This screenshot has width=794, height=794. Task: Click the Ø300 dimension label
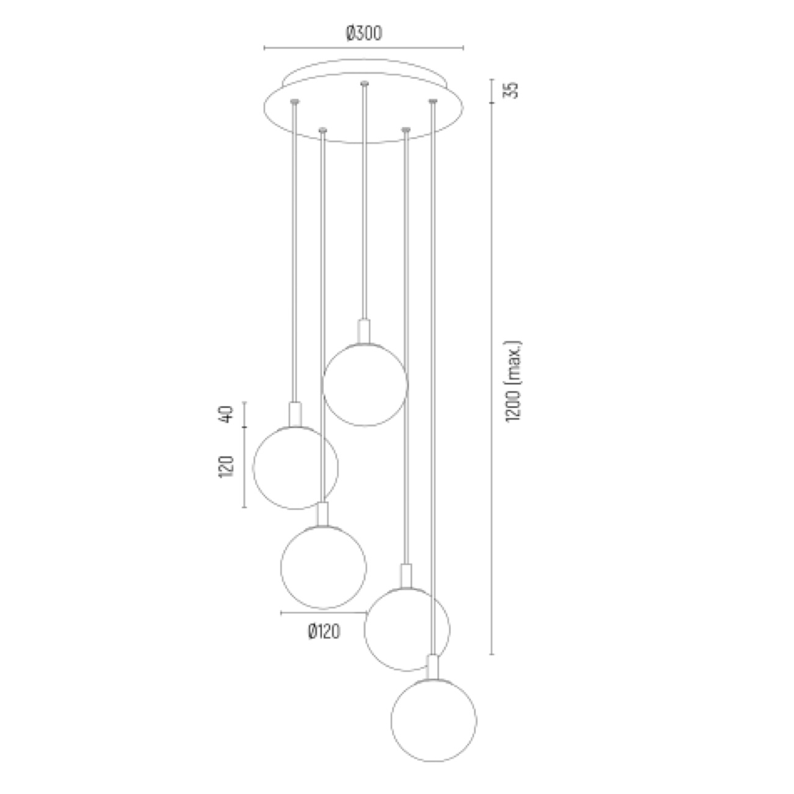click(364, 34)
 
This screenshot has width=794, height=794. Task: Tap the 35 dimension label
click(511, 90)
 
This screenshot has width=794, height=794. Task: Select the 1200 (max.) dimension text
click(513, 381)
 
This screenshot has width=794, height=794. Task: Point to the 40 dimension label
click(226, 414)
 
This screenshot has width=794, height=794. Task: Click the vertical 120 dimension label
click(226, 467)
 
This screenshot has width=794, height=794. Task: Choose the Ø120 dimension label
click(324, 632)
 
